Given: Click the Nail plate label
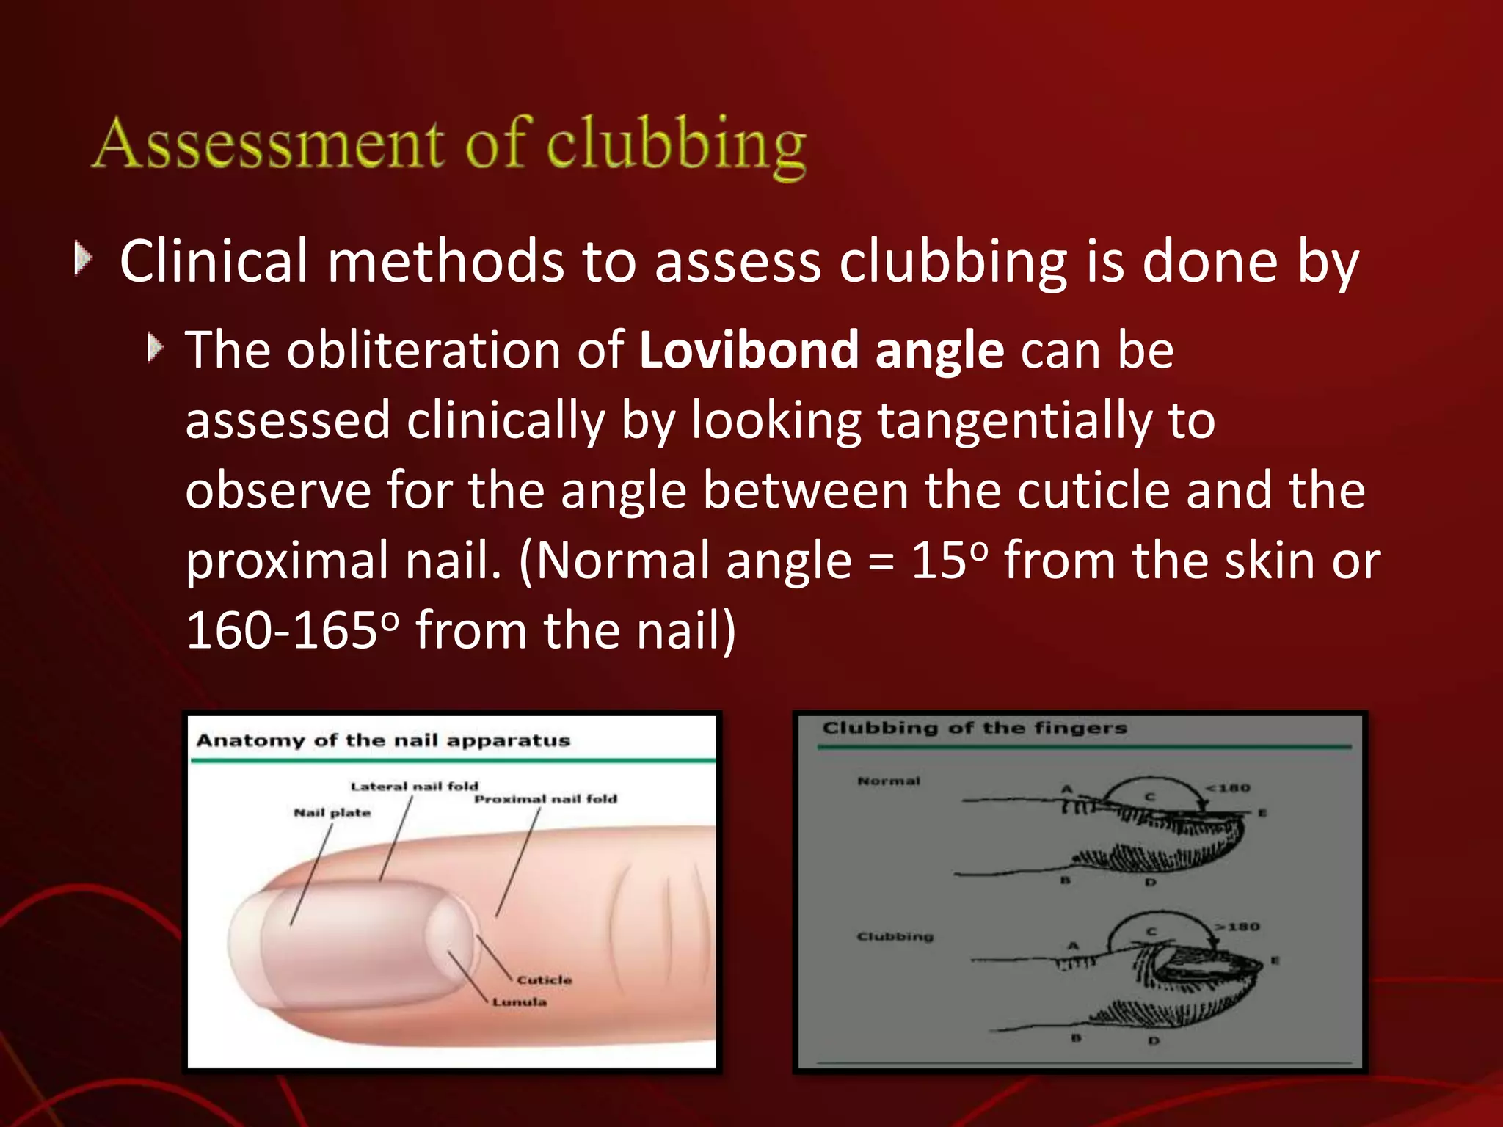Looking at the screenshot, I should pyautogui.click(x=332, y=812).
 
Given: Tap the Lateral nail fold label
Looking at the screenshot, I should pyautogui.click(x=414, y=786).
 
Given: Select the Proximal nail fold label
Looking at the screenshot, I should pyautogui.click(x=545, y=798).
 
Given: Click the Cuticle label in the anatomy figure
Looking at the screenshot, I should pyautogui.click(x=544, y=980).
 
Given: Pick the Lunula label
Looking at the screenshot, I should pyautogui.click(x=520, y=1002).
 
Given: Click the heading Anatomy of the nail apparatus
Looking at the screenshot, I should pyautogui.click(x=383, y=740).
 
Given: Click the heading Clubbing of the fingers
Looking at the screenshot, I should pyautogui.click(x=974, y=728).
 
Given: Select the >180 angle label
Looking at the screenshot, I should pyautogui.click(x=1237, y=927).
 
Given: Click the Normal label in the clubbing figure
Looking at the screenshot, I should pyautogui.click(x=888, y=781).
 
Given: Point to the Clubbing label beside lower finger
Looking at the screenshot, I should pyautogui.click(x=895, y=936).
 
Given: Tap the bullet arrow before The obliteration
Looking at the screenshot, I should pyautogui.click(x=155, y=347).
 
